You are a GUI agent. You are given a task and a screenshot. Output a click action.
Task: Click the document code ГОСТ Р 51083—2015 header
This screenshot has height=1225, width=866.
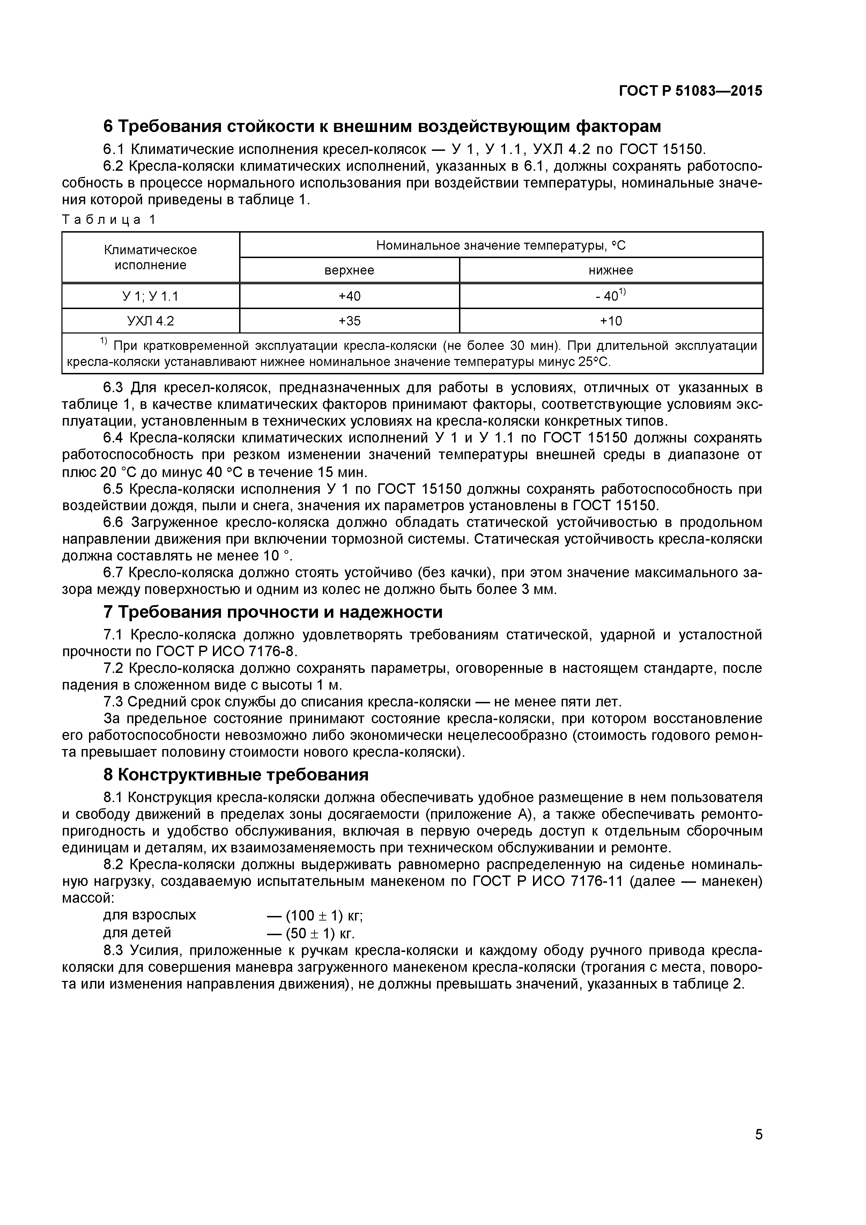point(690,91)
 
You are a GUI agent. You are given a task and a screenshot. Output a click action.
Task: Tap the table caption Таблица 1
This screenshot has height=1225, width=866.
point(109,219)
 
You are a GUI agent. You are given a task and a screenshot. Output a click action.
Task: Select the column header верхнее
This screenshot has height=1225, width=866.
point(349,271)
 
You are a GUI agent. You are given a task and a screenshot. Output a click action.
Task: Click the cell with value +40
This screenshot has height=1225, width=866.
point(349,296)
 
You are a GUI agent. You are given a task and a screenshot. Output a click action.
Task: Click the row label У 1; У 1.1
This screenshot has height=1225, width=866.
point(150,296)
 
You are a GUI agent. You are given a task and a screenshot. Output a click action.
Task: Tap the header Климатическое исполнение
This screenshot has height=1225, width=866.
point(150,258)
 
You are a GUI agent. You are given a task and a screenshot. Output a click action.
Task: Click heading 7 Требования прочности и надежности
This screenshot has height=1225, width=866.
point(273,612)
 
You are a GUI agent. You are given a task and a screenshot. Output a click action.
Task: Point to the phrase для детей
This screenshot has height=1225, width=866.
point(137,932)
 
